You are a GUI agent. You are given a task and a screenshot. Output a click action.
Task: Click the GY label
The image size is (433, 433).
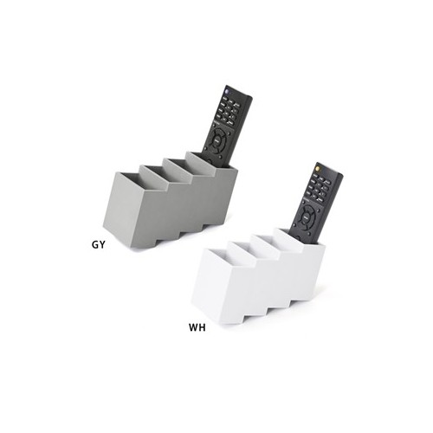click(98, 244)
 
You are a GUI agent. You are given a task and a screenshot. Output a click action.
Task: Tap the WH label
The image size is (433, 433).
click(197, 328)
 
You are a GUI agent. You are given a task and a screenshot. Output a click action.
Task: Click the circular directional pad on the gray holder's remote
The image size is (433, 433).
click(221, 139)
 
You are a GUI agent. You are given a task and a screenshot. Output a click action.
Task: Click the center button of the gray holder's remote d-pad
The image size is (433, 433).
click(221, 139)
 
